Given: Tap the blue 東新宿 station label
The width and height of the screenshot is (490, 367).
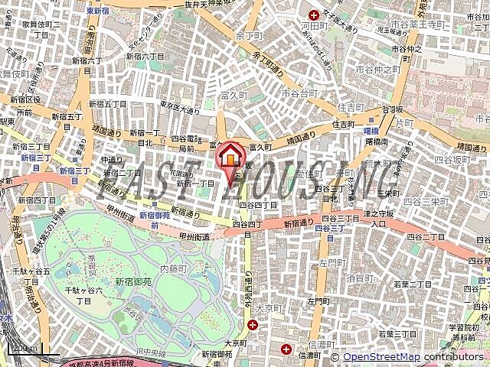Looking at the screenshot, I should [x=97, y=11].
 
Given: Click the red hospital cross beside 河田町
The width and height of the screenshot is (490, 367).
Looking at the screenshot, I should [x=312, y=15].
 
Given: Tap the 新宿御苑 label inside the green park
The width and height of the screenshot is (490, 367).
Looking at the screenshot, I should [x=133, y=281].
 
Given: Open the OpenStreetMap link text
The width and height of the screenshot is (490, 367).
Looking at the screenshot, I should [x=381, y=357].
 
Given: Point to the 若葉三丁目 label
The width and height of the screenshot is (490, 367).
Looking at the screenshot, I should [x=396, y=333].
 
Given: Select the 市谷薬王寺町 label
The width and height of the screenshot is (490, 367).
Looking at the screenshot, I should [x=415, y=24].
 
